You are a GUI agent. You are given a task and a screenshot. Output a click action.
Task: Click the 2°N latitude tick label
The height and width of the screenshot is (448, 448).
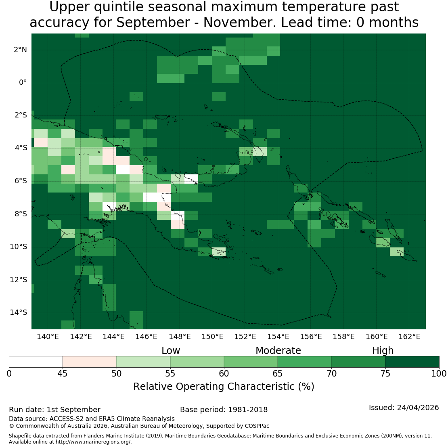pyautogui.click(x=20, y=50)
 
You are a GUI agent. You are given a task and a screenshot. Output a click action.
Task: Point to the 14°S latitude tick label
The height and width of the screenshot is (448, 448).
pyautogui.click(x=19, y=312)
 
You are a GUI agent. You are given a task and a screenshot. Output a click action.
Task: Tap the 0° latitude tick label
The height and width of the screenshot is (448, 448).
pyautogui.click(x=23, y=83)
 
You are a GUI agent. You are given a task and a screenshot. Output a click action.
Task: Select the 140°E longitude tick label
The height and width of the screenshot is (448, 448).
pyautogui.click(x=48, y=337)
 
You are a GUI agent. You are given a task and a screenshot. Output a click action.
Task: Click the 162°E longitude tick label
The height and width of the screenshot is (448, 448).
pyautogui.click(x=409, y=337)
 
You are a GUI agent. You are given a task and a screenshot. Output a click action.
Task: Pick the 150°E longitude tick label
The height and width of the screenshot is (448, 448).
pyautogui.click(x=212, y=337)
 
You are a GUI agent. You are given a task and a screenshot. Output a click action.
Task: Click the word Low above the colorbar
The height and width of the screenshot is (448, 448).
pyautogui.click(x=171, y=351)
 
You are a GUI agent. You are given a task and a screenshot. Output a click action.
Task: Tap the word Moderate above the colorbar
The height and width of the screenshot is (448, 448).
pyautogui.click(x=278, y=351)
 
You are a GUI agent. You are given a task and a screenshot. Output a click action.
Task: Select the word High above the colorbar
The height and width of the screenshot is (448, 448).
pyautogui.click(x=383, y=351)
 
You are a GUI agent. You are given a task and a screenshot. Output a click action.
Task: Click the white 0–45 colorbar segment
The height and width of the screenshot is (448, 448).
pyautogui.click(x=36, y=362)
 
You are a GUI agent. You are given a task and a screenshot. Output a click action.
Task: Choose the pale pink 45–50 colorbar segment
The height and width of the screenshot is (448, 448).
pyautogui.click(x=90, y=362)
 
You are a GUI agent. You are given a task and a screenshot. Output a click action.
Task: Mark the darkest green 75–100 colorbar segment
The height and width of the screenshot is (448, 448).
pyautogui.click(x=412, y=362)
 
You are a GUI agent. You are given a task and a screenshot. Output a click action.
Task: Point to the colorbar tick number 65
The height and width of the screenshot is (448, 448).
pyautogui.click(x=277, y=373)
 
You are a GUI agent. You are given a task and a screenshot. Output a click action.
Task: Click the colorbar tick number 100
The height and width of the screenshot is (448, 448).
pyautogui.click(x=439, y=373)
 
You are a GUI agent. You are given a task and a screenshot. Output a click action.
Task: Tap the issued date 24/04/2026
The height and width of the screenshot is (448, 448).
pyautogui.click(x=418, y=408)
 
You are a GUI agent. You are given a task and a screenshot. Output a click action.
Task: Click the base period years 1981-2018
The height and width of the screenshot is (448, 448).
pyautogui.click(x=248, y=410)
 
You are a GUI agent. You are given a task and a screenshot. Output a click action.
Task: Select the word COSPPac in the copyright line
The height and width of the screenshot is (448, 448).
pyautogui.click(x=257, y=426)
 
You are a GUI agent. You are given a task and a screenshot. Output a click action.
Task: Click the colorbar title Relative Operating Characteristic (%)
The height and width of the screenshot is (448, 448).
pyautogui.click(x=224, y=387)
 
